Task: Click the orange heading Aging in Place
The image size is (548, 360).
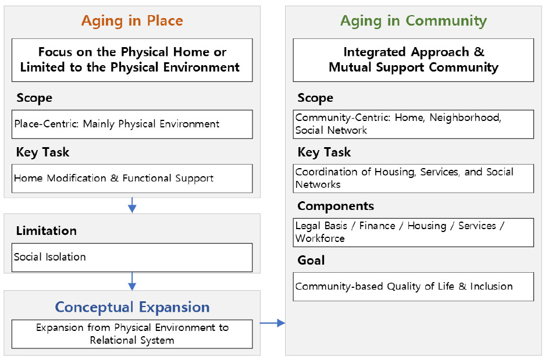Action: (132, 22)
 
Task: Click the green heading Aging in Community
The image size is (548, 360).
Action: (413, 22)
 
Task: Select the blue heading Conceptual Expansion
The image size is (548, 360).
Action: (132, 307)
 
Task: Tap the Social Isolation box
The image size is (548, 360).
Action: (132, 257)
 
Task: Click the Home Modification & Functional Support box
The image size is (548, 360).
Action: (132, 179)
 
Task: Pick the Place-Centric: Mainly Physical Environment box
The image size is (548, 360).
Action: (132, 124)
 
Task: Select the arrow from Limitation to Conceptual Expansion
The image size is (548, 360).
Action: (132, 281)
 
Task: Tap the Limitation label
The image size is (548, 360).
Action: (47, 231)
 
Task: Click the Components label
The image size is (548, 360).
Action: (336, 206)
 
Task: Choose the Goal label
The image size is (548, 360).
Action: (311, 261)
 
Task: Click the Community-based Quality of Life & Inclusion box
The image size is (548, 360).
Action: (413, 286)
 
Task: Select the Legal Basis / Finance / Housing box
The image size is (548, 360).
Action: (413, 232)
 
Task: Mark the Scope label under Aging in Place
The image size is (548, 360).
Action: (34, 98)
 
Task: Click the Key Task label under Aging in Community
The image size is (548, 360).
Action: (324, 152)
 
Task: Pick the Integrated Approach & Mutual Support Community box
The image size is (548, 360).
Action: (413, 60)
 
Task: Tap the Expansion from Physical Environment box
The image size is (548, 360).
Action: (132, 334)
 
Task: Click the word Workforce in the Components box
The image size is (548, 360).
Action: (320, 238)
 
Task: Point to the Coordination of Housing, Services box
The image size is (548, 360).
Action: (413, 178)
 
